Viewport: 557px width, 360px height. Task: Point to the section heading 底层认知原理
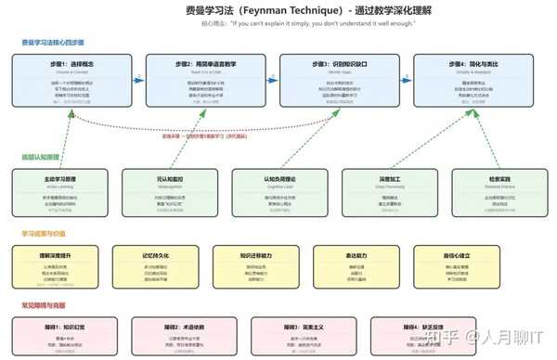tap(40, 156)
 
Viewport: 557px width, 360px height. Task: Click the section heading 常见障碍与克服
tap(44, 305)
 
